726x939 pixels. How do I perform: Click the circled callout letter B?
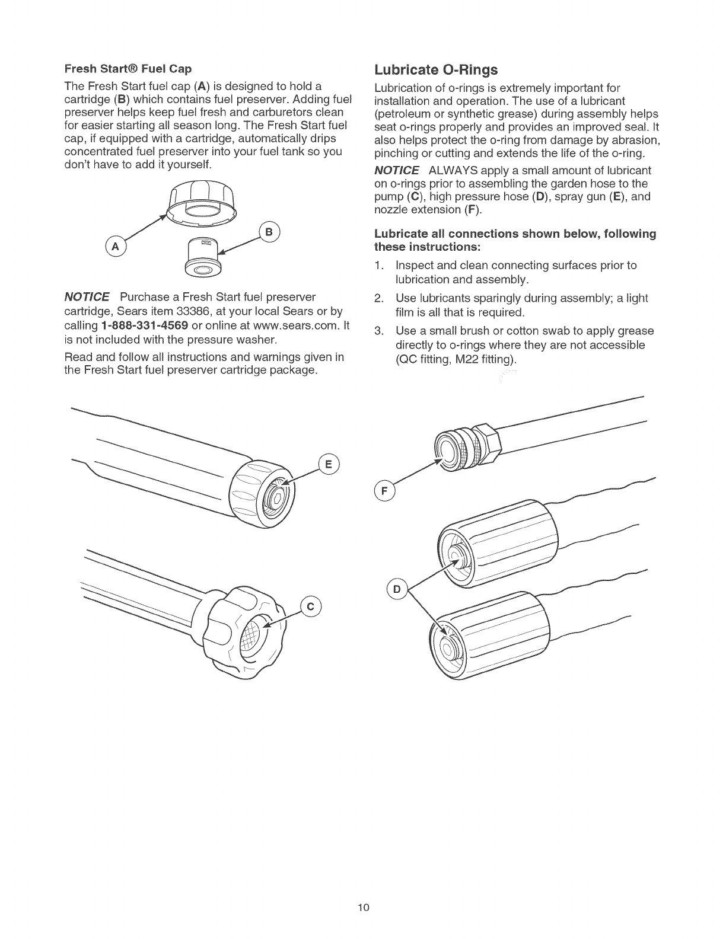pos(269,232)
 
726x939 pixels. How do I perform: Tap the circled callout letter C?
pos(311,605)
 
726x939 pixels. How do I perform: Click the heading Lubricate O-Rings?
pos(436,70)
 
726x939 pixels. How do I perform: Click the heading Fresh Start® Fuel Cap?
pos(128,69)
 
